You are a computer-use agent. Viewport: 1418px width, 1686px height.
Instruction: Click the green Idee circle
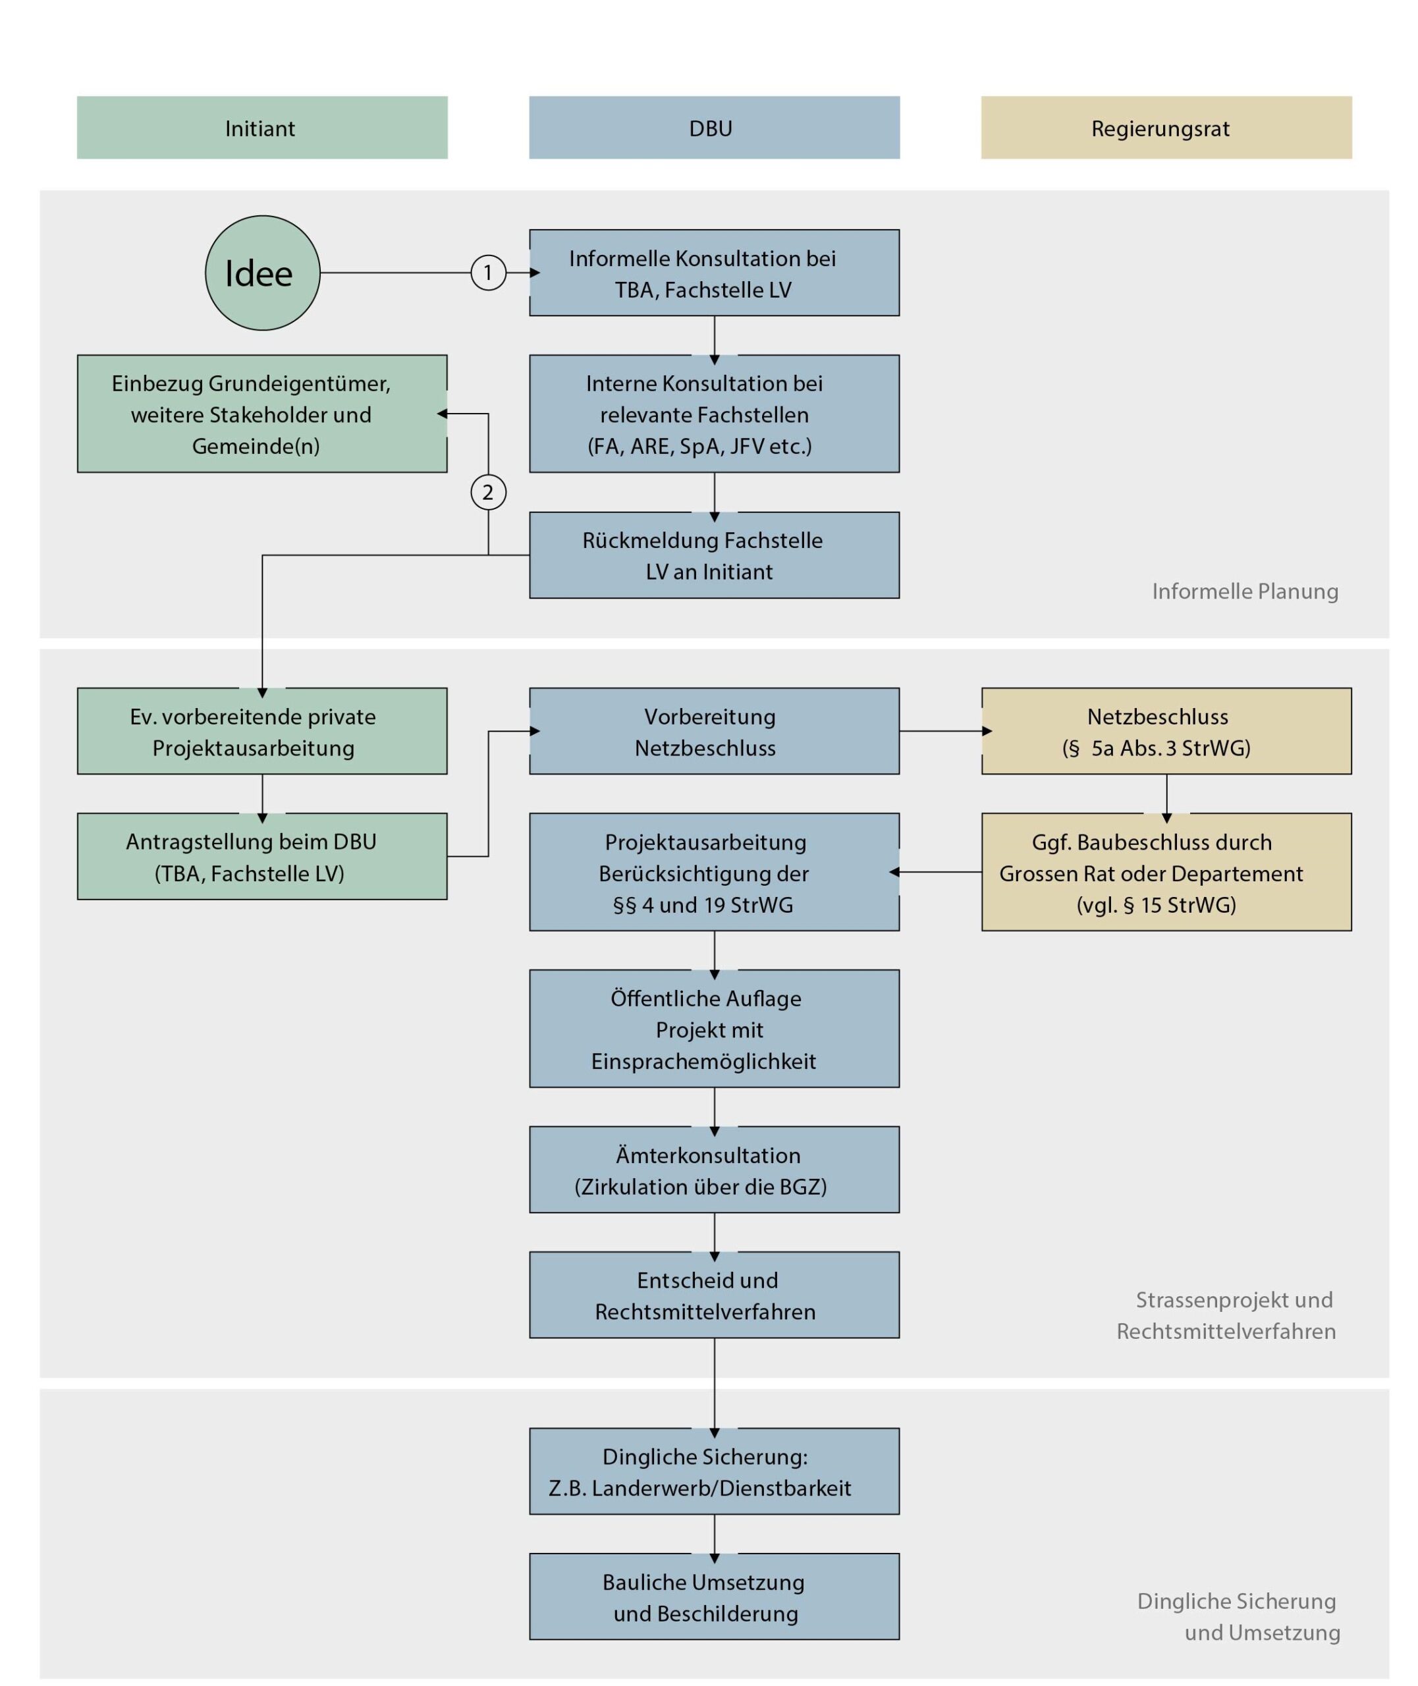coord(262,273)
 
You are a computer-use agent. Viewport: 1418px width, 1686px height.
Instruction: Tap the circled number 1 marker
coord(488,273)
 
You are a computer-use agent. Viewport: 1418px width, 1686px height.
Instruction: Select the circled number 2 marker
coord(488,492)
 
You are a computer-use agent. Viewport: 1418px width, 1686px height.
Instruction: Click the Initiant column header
coord(262,128)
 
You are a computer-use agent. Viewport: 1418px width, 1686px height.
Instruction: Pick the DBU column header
coord(714,128)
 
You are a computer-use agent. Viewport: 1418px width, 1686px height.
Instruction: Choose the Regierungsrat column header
coord(1166,128)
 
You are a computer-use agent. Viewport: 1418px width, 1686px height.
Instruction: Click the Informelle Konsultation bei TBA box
coord(714,273)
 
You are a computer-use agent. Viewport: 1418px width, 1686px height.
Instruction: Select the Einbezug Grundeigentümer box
coord(262,414)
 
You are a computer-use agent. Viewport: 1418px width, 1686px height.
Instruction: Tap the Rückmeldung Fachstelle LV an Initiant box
coord(714,555)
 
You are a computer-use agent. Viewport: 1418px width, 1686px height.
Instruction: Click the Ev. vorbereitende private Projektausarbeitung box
coord(262,731)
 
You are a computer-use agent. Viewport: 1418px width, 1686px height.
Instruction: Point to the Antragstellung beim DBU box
coord(262,857)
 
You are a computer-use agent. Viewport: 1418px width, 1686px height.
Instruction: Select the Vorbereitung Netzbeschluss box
coord(714,731)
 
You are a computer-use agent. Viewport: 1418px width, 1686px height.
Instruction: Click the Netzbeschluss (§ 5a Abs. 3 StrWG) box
coord(1166,731)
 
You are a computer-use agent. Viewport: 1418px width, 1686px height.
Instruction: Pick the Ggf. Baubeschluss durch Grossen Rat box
coord(1166,872)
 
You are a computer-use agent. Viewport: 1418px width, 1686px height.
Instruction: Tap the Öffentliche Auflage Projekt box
coord(714,1029)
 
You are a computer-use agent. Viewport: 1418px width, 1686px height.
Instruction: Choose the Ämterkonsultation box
coord(714,1170)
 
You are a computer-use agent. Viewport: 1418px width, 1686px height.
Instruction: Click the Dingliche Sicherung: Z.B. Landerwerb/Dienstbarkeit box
coord(714,1471)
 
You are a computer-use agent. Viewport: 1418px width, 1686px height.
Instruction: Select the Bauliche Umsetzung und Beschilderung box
coord(714,1597)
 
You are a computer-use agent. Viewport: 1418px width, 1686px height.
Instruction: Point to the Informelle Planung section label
coord(1245,591)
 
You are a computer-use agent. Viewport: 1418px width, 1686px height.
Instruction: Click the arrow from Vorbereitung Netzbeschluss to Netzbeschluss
coord(945,731)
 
